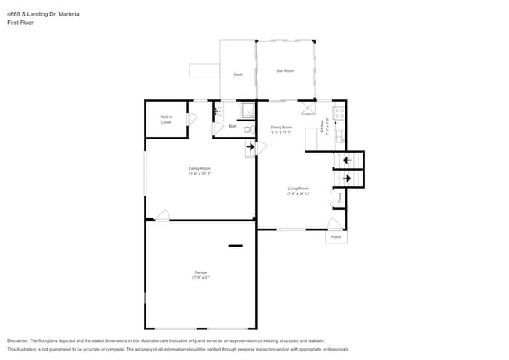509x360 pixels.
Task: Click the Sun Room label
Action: click(285, 71)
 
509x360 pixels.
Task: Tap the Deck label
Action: click(238, 74)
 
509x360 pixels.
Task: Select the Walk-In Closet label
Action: click(166, 120)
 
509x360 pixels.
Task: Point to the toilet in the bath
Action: click(247, 130)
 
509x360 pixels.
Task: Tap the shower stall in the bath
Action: click(247, 111)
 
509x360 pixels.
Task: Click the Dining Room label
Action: click(281, 127)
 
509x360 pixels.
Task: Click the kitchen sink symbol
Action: click(338, 139)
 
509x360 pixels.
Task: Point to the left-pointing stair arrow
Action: click(346, 160)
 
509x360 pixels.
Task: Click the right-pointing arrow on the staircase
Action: click(346, 179)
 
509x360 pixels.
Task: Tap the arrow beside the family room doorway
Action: click(251, 146)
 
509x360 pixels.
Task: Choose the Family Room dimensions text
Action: click(199, 174)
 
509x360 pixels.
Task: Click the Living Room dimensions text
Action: click(298, 193)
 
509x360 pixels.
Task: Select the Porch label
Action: click(336, 236)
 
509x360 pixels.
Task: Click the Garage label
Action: click(200, 272)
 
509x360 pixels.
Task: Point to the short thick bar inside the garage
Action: click(236, 246)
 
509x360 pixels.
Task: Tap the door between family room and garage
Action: click(162, 215)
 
